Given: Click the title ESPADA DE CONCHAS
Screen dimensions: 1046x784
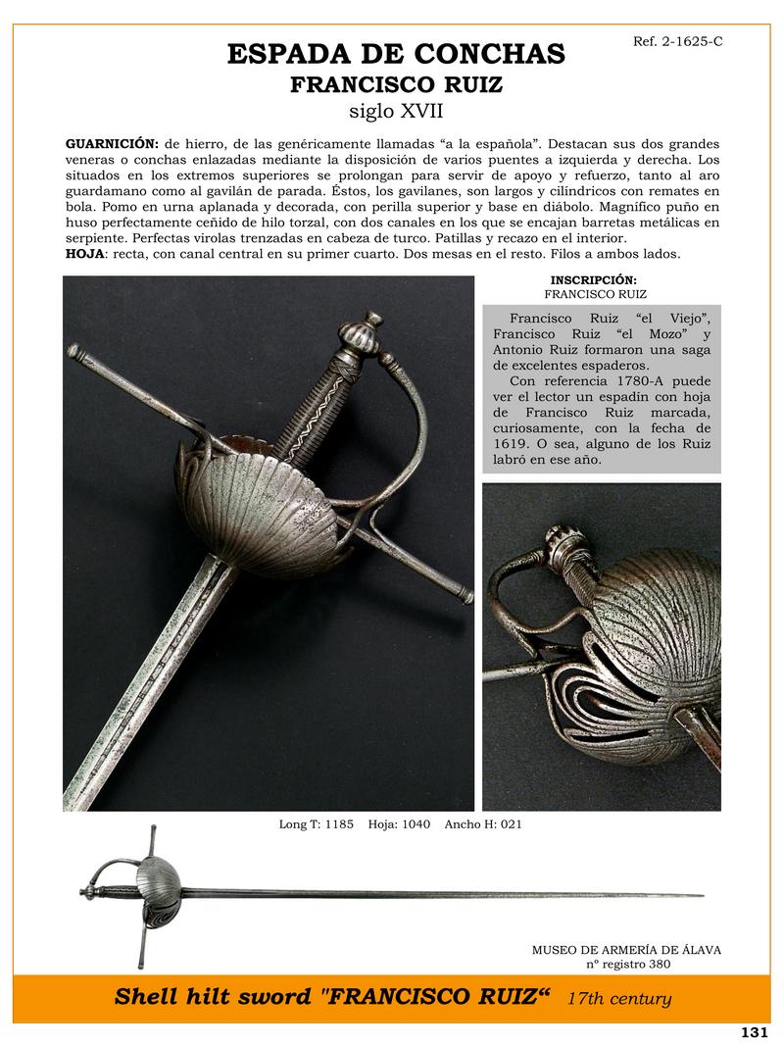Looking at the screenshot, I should pyautogui.click(x=396, y=54).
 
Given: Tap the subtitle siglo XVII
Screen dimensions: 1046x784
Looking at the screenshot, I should pyautogui.click(x=396, y=111).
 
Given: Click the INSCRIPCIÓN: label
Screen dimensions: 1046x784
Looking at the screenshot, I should pyautogui.click(x=594, y=279).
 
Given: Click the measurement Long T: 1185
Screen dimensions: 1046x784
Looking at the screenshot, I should pyautogui.click(x=317, y=824).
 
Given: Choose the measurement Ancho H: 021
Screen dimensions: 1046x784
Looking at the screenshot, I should pyautogui.click(x=483, y=824).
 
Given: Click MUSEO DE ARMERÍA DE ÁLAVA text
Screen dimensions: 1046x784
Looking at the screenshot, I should pyautogui.click(x=626, y=950).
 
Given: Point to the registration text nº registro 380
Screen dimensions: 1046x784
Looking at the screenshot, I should pyautogui.click(x=626, y=965).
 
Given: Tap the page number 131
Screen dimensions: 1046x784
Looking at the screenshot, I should pyautogui.click(x=754, y=1032).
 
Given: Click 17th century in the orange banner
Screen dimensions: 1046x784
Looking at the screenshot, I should pyautogui.click(x=619, y=999).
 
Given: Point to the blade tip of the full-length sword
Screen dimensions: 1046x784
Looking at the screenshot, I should pyautogui.click(x=701, y=895).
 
